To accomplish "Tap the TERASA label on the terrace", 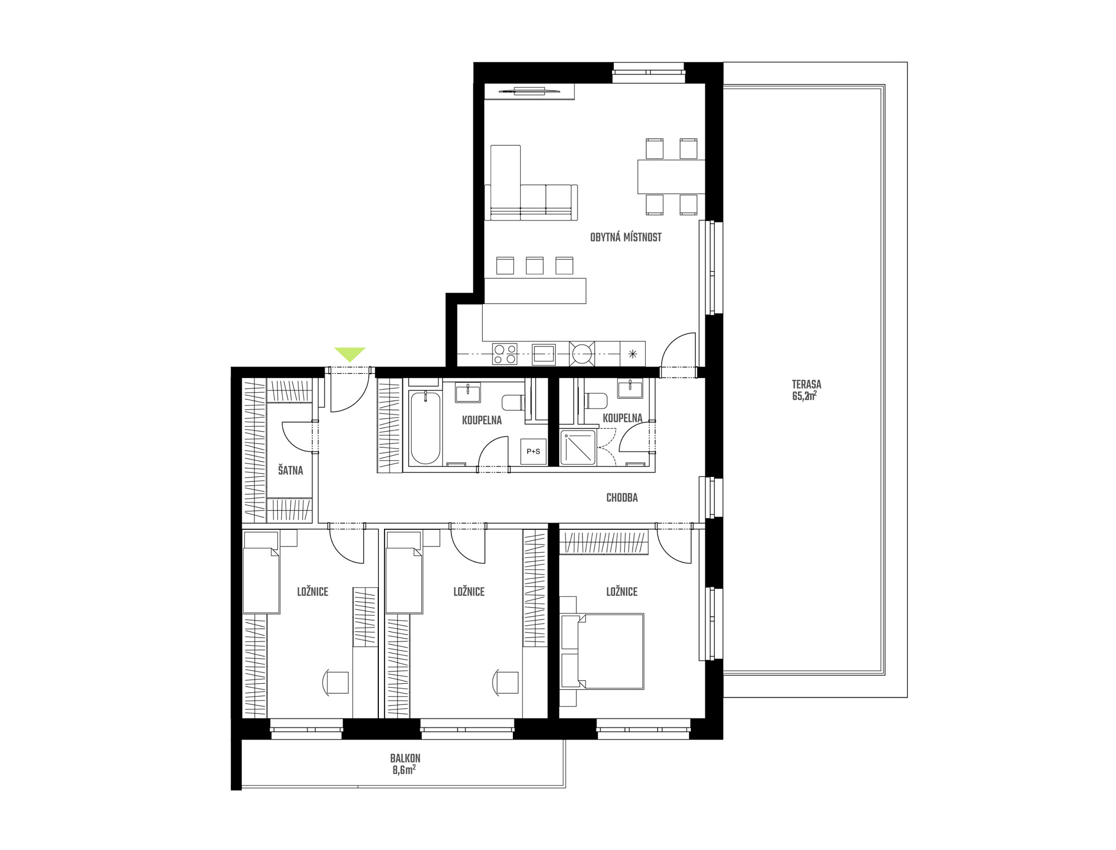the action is coord(806,384).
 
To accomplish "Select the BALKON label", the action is coord(405,759).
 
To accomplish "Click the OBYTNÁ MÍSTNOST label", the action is coord(626,237).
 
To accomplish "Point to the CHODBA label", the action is coord(622,498).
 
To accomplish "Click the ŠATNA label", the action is coord(290,470).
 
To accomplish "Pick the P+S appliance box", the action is coord(533,451).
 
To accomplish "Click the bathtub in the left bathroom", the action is coord(425,428).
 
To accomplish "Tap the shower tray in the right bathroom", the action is coord(578,447).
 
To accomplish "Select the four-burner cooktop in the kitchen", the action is coord(504,354).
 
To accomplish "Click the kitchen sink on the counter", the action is coord(543,354).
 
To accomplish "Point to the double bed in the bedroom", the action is coord(603,651).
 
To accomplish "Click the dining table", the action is coord(671,177).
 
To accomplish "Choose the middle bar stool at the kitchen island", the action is coord(535,265).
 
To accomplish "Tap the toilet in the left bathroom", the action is coord(513,402).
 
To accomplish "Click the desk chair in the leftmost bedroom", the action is coord(335,682).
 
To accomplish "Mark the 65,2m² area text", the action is coord(805,396).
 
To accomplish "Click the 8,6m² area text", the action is coord(404,770).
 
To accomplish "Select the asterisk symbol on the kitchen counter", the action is coord(632,354).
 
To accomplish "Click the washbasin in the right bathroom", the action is coord(630,388).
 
